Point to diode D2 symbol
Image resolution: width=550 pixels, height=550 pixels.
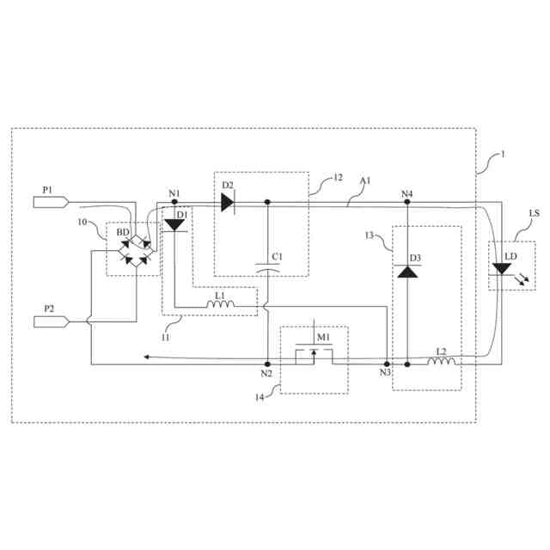click(227, 203)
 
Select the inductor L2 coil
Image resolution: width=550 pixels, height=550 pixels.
click(441, 363)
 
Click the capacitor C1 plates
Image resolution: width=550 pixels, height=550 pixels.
click(267, 269)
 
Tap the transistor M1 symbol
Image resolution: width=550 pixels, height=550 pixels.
click(313, 354)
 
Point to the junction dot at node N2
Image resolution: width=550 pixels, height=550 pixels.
click(267, 364)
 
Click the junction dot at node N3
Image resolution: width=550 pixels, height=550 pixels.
click(387, 364)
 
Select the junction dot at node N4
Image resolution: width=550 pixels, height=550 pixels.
click(407, 203)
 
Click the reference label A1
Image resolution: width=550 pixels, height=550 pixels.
click(365, 181)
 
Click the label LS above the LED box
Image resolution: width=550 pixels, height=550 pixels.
click(535, 212)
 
